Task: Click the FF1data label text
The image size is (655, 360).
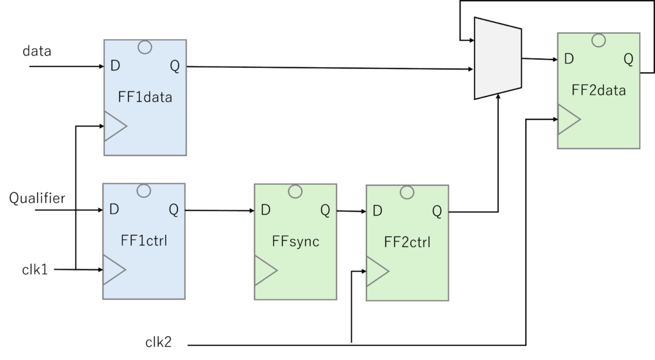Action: (145, 98)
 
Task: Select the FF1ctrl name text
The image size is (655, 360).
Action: (144, 241)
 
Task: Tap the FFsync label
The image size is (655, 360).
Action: (296, 243)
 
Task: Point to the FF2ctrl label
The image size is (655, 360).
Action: (406, 243)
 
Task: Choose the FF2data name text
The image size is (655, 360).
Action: (598, 91)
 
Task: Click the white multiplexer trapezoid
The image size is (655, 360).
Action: (498, 59)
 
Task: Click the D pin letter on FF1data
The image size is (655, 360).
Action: (114, 65)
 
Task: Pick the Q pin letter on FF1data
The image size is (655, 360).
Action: (175, 65)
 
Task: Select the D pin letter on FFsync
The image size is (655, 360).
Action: (265, 210)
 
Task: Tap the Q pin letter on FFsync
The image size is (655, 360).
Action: (325, 210)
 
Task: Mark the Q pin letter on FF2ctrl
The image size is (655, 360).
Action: (436, 210)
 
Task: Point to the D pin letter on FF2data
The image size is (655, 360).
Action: (569, 59)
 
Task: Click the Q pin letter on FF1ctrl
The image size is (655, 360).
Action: (174, 209)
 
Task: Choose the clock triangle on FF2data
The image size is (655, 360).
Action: (569, 120)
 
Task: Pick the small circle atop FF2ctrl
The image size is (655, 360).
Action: (406, 191)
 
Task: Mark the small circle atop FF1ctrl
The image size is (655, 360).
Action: (144, 190)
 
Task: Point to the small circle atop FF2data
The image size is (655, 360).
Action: (599, 40)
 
